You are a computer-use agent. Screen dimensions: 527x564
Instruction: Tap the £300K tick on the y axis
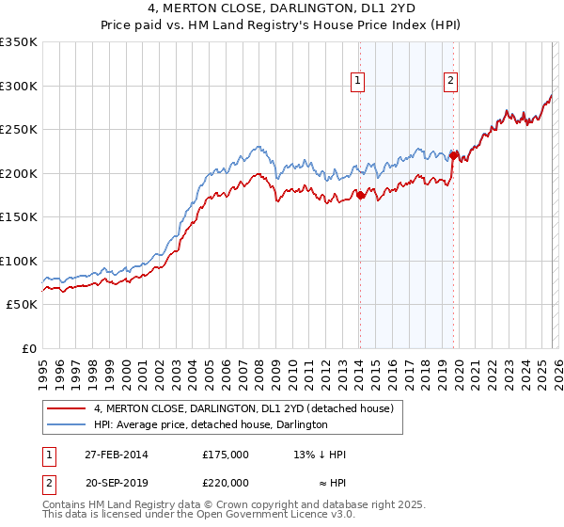coord(19,86)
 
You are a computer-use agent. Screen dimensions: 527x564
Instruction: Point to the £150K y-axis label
coord(19,216)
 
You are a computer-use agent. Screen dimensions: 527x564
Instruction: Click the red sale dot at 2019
coord(453,155)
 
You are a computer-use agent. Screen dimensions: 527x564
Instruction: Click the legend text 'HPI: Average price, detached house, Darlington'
coord(210,424)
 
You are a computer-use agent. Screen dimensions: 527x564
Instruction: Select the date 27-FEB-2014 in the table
coord(116,454)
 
